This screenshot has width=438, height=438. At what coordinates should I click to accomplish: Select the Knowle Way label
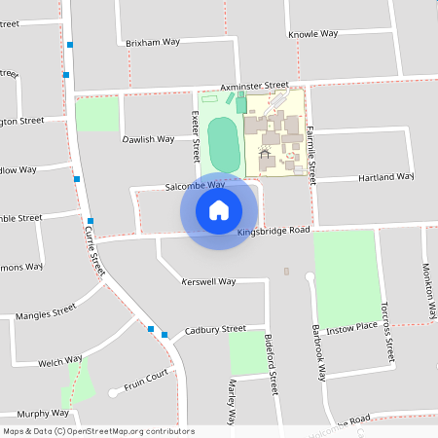pos(312,33)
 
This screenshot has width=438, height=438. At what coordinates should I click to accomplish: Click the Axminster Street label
pos(254,86)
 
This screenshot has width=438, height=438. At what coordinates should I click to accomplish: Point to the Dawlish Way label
pos(148,139)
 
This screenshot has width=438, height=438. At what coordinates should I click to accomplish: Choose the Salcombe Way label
pos(195,185)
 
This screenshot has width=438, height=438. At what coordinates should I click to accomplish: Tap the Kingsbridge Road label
pos(273,231)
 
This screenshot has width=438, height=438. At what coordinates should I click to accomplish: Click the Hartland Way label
pos(385,177)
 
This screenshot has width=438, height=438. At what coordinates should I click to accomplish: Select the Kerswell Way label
pos(208,281)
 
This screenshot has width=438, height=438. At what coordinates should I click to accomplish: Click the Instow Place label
pos(350,330)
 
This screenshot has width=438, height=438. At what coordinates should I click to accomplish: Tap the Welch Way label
pos(59,362)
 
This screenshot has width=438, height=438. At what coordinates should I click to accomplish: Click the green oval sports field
pos(223,143)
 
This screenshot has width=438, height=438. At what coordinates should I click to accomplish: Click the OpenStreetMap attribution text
pos(98,431)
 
